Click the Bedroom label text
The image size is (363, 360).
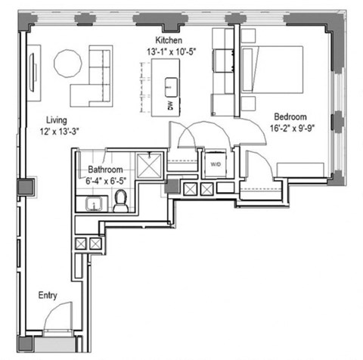(290, 117)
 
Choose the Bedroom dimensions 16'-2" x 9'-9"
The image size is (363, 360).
(290, 128)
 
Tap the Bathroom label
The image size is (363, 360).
(104, 171)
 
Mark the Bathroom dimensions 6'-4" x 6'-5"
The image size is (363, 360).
(104, 182)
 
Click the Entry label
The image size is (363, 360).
(49, 296)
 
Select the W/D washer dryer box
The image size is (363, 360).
(215, 163)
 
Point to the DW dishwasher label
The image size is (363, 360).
(170, 107)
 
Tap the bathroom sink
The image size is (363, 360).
(95, 203)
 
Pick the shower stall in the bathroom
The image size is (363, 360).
(150, 165)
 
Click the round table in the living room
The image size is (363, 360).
(68, 64)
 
